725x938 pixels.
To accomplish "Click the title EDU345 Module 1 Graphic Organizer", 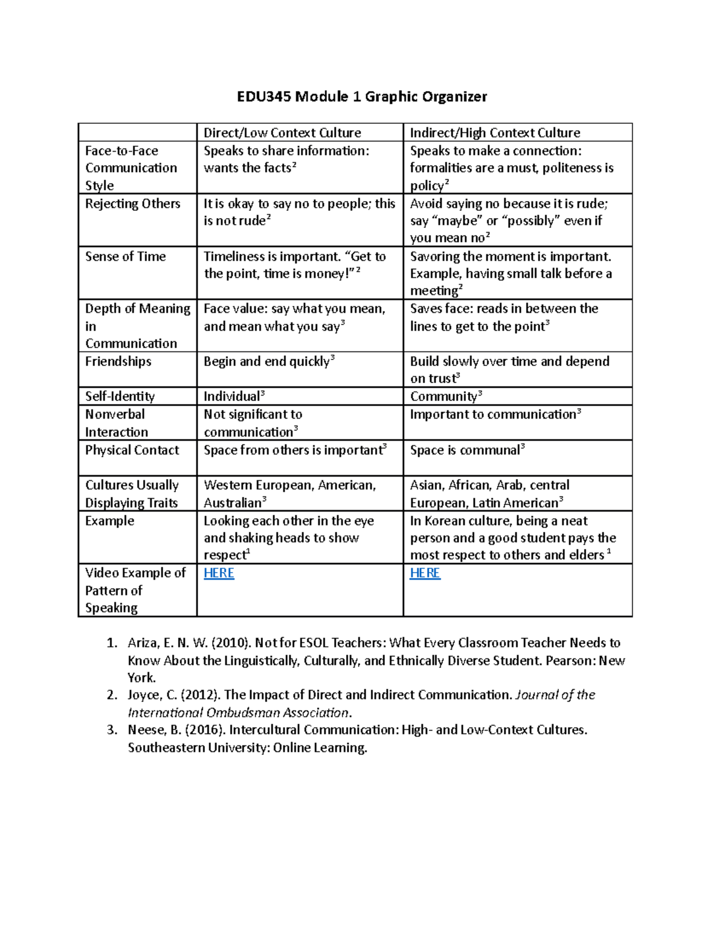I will [361, 97].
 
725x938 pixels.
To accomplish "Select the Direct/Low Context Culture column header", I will [282, 133].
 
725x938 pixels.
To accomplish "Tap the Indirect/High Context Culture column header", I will [495, 133].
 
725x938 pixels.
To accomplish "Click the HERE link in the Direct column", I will [219, 573].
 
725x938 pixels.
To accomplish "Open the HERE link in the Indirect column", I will [425, 573].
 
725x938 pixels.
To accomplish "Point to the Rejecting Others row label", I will [132, 204].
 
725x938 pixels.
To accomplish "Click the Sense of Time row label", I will [125, 257].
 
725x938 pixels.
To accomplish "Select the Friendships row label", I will [118, 362].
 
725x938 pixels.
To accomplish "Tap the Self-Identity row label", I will [120, 397].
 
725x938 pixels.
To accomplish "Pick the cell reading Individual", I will [232, 397].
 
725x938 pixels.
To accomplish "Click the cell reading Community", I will [444, 397].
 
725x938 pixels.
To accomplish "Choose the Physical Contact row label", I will [132, 451].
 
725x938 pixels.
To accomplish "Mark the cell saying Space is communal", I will [465, 451].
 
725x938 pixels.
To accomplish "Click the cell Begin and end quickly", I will [267, 362].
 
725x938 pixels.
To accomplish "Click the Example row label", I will [109, 521].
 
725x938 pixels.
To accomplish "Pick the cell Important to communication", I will [493, 415].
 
